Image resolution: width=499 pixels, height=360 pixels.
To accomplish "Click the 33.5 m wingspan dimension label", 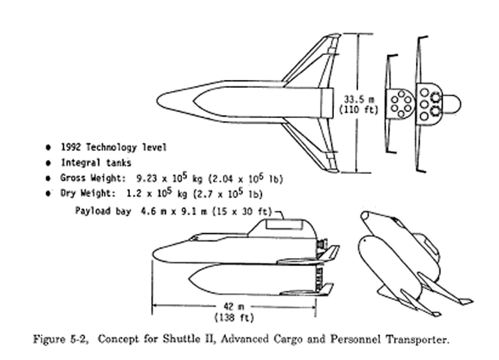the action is point(359,100).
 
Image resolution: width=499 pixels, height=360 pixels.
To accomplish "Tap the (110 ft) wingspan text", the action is point(359,110).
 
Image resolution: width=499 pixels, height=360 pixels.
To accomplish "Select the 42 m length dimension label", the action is point(234,306).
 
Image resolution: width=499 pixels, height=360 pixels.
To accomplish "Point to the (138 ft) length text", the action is point(234,317).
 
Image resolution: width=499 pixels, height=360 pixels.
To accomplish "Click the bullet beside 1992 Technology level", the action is point(48,147).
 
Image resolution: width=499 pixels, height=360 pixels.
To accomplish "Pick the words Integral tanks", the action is point(96,163).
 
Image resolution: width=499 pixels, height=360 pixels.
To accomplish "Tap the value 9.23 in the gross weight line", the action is point(146,178).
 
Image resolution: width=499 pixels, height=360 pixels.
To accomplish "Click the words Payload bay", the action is point(103,211).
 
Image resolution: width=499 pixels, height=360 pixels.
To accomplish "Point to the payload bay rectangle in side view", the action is point(284,224).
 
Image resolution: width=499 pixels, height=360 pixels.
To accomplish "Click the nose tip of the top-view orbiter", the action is point(157,100).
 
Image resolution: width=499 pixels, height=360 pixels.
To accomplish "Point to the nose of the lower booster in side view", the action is point(189,279).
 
